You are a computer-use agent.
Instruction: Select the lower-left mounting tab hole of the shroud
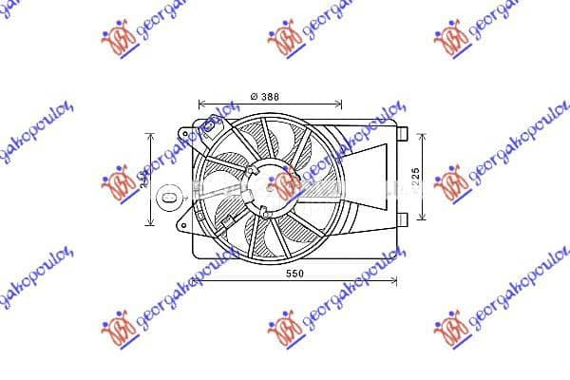pyautogui.click(x=181, y=226)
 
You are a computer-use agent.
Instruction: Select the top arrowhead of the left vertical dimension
pyautogui.click(x=149, y=133)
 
